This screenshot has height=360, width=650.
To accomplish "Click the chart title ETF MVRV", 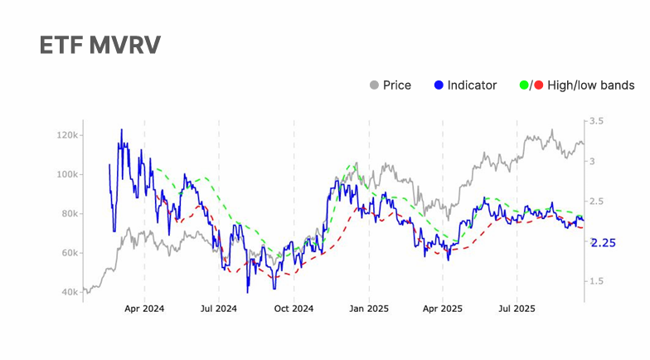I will [99, 46].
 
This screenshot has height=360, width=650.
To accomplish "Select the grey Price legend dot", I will [374, 85].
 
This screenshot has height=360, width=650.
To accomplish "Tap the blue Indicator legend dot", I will [439, 85].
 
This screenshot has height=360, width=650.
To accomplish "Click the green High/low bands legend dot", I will [523, 85].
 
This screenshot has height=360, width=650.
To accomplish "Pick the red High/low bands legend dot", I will [539, 85].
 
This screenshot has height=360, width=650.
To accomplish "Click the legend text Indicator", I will [472, 85].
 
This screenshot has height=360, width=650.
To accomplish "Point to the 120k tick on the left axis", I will [67, 135].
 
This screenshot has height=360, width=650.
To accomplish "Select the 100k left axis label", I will [67, 174].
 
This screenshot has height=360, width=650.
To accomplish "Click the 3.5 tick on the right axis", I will [597, 121].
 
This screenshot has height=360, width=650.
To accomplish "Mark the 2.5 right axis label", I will [597, 202].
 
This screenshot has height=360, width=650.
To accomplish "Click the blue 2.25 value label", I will [603, 243].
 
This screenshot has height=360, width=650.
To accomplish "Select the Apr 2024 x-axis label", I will [144, 309].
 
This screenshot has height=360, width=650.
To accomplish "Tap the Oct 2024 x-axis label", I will [293, 309].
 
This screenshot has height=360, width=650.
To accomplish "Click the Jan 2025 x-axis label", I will [368, 309].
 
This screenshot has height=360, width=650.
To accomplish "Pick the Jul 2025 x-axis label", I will [517, 309].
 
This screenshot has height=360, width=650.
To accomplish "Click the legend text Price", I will [397, 85].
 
